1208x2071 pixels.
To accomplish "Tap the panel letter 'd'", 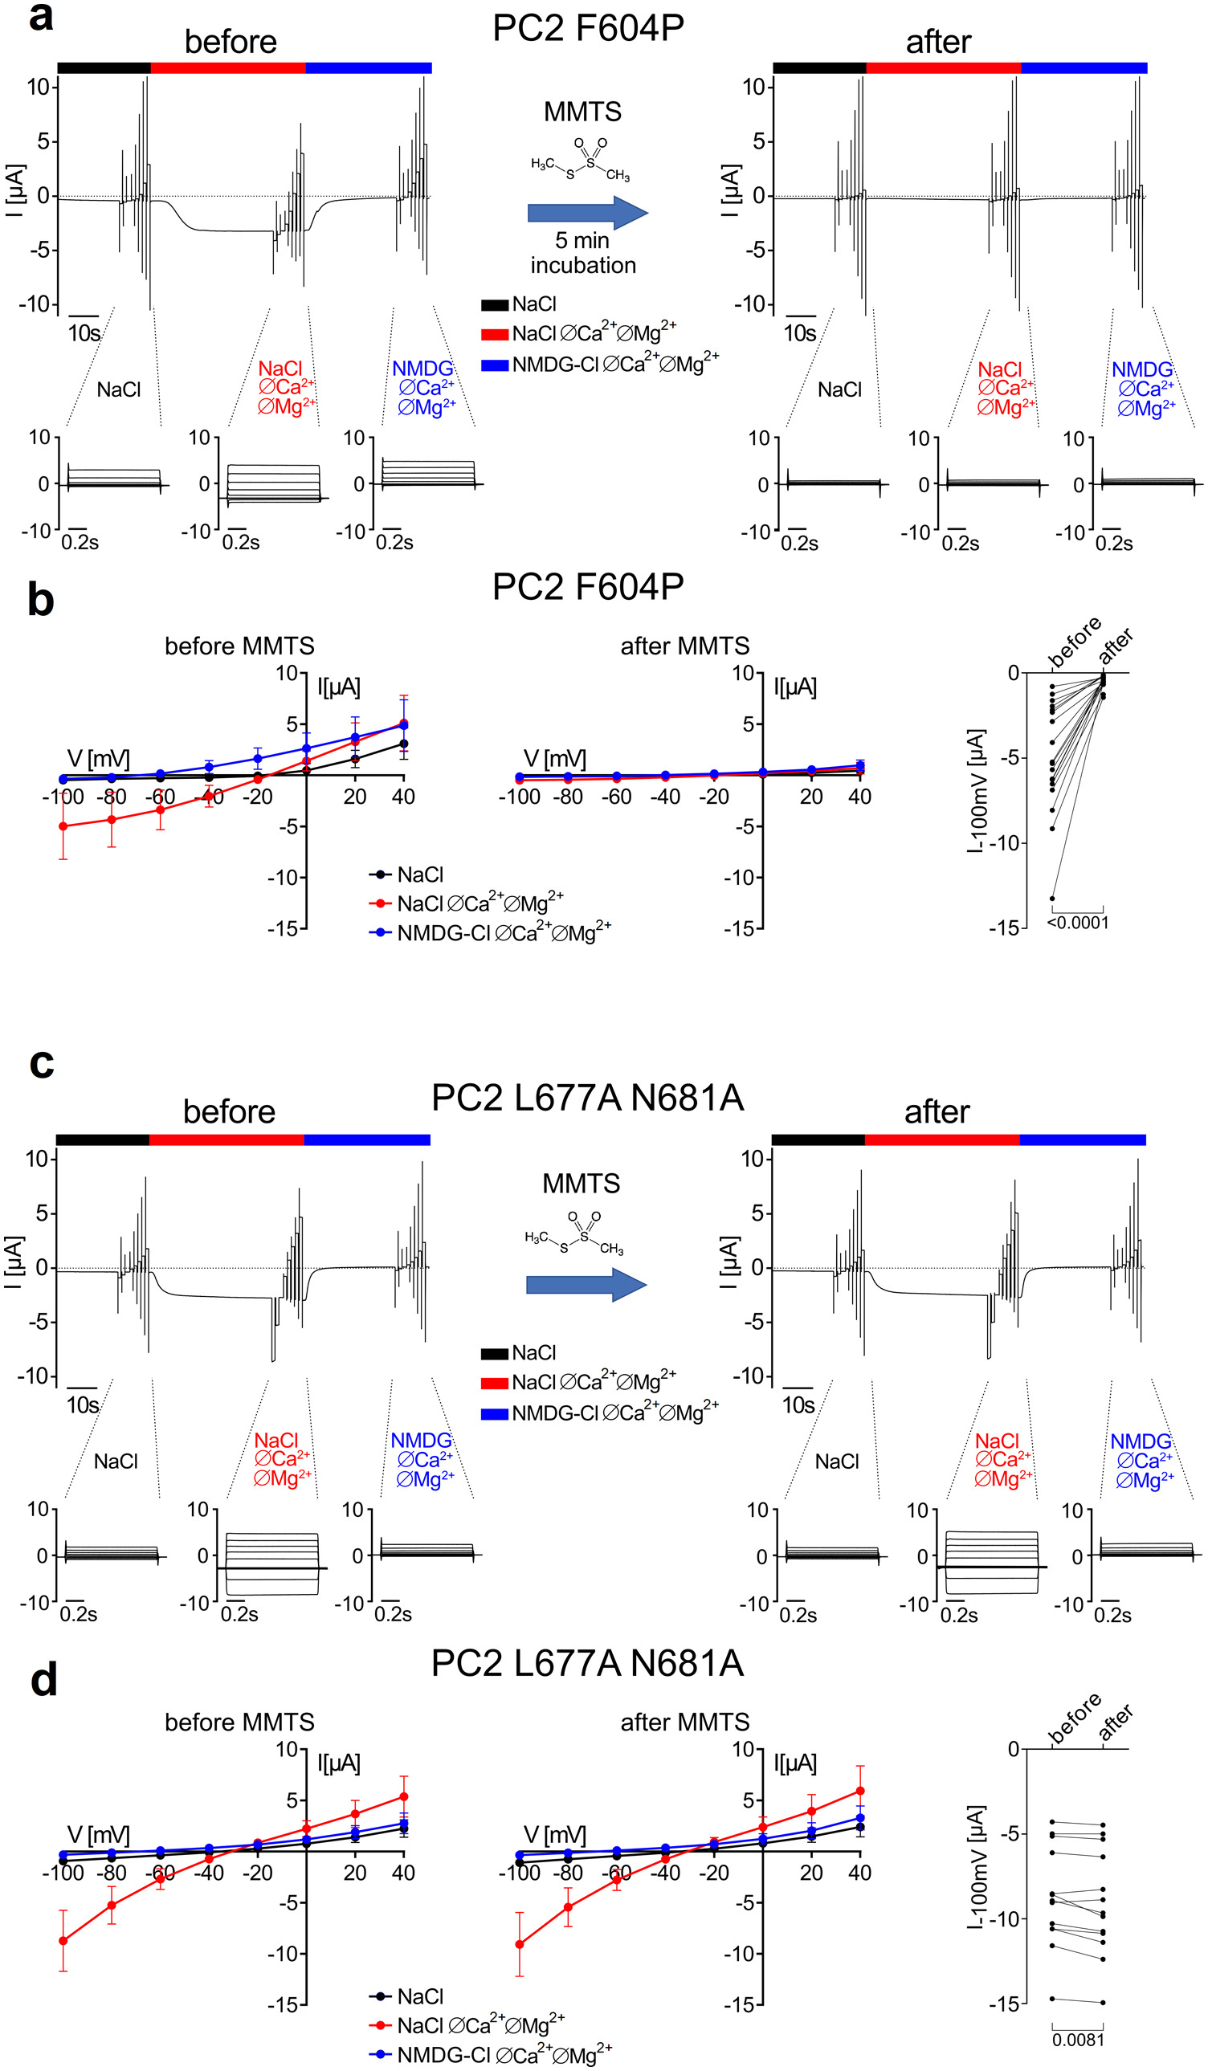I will [x=43, y=1680].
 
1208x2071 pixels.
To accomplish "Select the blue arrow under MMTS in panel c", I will [x=586, y=1285].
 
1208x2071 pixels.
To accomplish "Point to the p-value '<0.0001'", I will [x=1077, y=923].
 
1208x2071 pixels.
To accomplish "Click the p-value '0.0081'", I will [x=1077, y=2040].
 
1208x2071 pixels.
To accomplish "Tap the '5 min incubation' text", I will [x=582, y=252].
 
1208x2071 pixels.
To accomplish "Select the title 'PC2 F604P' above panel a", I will [x=588, y=28].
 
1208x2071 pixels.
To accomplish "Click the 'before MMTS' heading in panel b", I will [x=239, y=646].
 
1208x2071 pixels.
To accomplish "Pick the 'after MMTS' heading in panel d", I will [x=684, y=1722].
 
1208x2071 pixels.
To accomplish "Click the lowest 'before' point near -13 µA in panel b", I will [x=1052, y=899].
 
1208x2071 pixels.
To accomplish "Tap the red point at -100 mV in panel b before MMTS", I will [x=63, y=826].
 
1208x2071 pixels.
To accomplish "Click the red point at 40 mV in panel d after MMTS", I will [x=859, y=1791].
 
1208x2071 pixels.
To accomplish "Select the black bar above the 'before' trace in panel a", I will [x=104, y=68].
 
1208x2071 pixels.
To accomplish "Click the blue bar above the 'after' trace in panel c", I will [x=1082, y=1139].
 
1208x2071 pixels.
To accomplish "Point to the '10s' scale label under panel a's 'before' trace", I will [x=84, y=332].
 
